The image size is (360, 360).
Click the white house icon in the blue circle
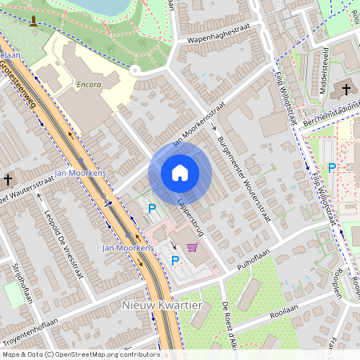pos(180,173)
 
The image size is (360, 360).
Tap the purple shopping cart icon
pos(192,247)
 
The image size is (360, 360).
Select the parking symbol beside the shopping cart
pos(175,259)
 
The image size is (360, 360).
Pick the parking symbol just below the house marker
pos(151,209)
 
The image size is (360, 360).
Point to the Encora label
pos(88,82)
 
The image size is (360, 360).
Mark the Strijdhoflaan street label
pos(22,284)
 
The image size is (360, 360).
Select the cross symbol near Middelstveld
pos(346,90)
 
